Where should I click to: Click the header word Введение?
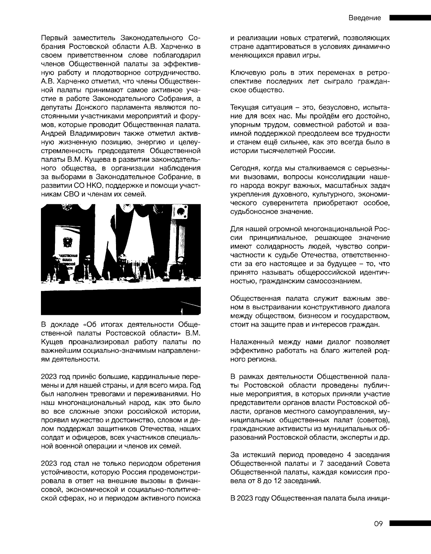click(365, 18)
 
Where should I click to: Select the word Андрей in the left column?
click(54, 132)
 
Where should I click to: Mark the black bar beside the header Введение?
click(410, 18)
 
